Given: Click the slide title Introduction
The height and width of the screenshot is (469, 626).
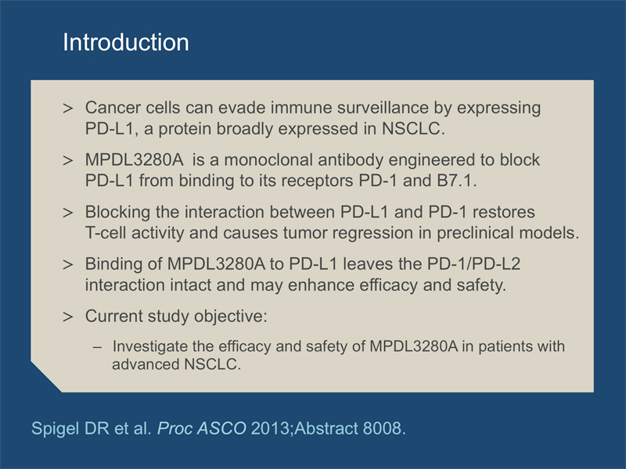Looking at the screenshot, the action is [x=126, y=42].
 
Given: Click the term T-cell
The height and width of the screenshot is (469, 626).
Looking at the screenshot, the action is [x=106, y=233].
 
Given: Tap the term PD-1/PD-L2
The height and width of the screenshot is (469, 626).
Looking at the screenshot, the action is [x=473, y=264].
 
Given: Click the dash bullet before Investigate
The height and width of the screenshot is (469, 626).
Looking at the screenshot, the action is [x=97, y=347].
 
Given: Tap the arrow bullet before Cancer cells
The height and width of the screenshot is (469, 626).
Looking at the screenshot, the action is [x=68, y=108].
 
